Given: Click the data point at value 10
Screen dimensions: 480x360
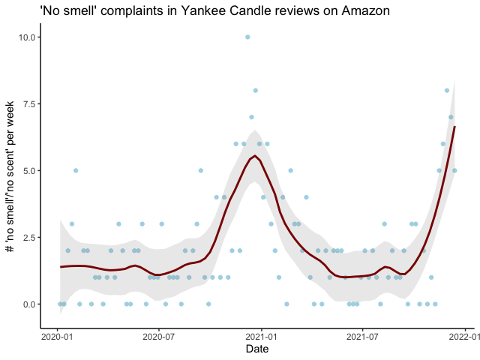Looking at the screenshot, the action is point(247,37).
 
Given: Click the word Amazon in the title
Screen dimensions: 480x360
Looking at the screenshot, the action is point(366,11).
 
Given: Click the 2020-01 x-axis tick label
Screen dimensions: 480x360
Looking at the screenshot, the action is point(57,337).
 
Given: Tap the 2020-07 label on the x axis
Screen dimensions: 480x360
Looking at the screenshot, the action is point(159,337).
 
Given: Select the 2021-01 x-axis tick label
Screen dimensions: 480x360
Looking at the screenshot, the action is point(262,337).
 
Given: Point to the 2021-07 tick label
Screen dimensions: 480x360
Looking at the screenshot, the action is point(362,337).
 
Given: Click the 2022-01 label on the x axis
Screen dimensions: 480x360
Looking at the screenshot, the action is point(464,337).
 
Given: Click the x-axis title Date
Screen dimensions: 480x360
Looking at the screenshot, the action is point(257,349).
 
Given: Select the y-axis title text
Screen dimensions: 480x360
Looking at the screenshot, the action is point(10,176).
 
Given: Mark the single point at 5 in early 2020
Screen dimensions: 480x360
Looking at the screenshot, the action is point(76,170).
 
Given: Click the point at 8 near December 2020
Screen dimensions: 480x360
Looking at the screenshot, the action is point(255,91).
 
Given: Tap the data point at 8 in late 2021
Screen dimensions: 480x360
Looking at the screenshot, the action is point(447,91).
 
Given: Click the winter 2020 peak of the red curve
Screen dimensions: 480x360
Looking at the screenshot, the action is point(255,156).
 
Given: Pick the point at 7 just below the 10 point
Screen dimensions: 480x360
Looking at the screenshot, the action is point(252,117).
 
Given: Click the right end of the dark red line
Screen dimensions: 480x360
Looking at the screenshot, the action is point(455,127).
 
